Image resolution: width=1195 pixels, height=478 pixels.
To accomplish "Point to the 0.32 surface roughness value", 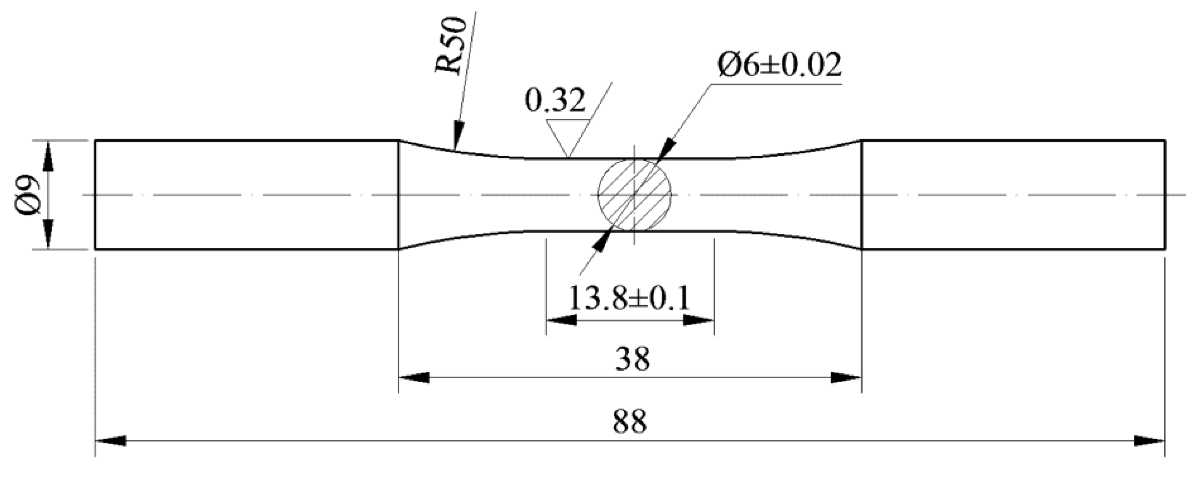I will tap(555, 101).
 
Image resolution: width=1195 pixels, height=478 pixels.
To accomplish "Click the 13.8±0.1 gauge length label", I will tap(629, 298).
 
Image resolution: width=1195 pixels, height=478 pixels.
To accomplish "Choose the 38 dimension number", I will tap(633, 359).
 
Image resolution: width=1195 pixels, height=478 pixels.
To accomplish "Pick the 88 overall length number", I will tap(629, 422).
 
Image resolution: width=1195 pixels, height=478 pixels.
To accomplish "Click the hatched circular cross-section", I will tap(634, 194).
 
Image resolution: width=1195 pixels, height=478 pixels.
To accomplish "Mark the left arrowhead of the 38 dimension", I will tap(414, 377).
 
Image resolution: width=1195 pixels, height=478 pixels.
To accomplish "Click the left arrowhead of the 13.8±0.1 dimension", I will tap(561, 320).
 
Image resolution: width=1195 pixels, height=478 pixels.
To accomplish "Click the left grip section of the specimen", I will tap(246, 194).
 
